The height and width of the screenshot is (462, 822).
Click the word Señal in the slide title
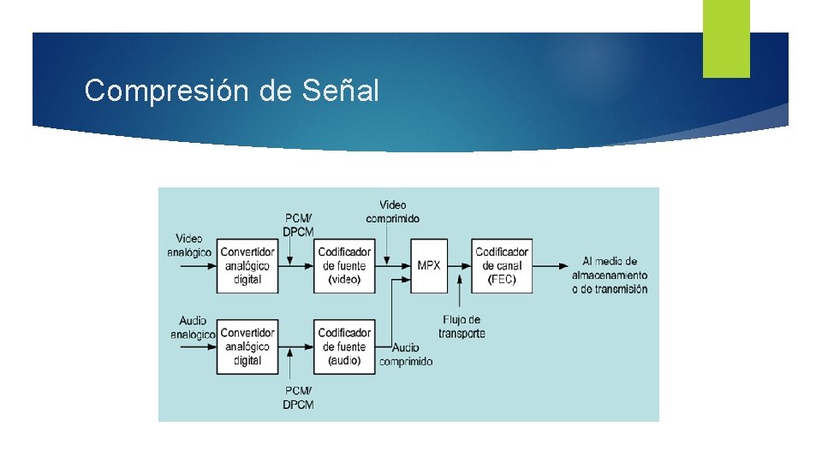tap(340, 90)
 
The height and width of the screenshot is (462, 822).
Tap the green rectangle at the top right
tap(726, 38)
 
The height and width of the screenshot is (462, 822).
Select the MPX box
tap(429, 265)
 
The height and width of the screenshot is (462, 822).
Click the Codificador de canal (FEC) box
tap(502, 265)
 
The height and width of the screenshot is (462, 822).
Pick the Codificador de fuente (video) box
tap(344, 265)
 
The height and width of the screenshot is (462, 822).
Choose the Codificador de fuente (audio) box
tap(344, 346)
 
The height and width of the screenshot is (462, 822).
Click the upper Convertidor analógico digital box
tap(247, 265)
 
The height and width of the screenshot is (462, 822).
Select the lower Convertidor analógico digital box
tap(247, 346)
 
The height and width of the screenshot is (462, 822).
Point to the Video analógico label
tap(189, 246)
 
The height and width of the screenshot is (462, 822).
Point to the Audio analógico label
tap(191, 328)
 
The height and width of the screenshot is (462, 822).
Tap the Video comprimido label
tap(392, 211)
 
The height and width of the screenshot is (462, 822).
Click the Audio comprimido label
tap(406, 354)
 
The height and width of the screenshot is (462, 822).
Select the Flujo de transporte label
tap(462, 326)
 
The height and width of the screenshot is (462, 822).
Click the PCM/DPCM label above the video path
tap(298, 225)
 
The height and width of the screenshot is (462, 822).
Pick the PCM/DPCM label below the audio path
tap(298, 397)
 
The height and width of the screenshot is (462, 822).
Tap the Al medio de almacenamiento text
tap(609, 275)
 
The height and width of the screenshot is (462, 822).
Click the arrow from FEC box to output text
tap(550, 265)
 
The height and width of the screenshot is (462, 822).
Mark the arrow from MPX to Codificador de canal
tap(460, 265)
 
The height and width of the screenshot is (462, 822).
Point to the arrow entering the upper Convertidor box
tap(197, 265)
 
